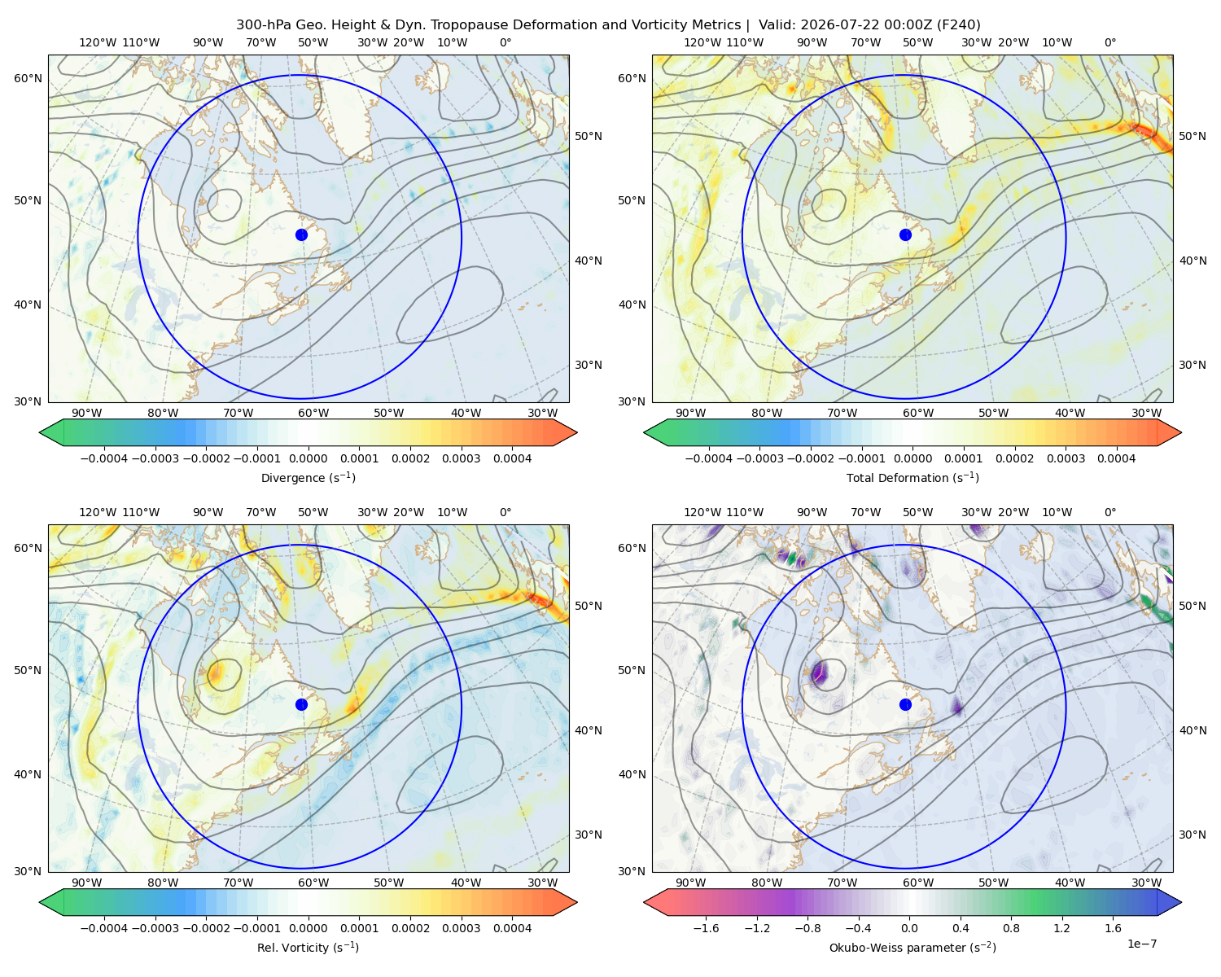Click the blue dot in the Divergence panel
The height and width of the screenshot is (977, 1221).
[301, 235]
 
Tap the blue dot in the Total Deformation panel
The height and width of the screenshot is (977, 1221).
[905, 235]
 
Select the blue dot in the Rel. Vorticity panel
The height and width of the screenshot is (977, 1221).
[301, 704]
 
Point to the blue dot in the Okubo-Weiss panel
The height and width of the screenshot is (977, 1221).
[905, 704]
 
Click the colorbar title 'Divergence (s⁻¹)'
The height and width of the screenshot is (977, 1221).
[308, 478]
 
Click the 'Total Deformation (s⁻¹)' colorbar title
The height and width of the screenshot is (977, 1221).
[912, 478]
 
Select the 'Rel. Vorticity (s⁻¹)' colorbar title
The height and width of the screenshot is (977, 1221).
[308, 948]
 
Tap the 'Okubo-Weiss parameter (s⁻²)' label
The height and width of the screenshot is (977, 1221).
[912, 948]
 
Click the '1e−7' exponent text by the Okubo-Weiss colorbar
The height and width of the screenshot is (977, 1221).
[1141, 944]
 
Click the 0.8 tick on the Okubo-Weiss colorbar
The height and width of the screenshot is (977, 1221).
[1011, 928]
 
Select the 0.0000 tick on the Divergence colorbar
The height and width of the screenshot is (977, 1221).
[308, 458]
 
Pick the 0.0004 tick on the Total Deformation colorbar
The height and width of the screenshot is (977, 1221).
[1116, 458]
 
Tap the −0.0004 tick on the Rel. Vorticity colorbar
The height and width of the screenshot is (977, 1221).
[104, 928]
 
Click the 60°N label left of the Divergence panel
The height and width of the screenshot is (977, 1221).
[28, 78]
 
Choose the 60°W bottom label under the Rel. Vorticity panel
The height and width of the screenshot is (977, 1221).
[313, 883]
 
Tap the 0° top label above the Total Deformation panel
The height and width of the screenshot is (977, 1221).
[1109, 42]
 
